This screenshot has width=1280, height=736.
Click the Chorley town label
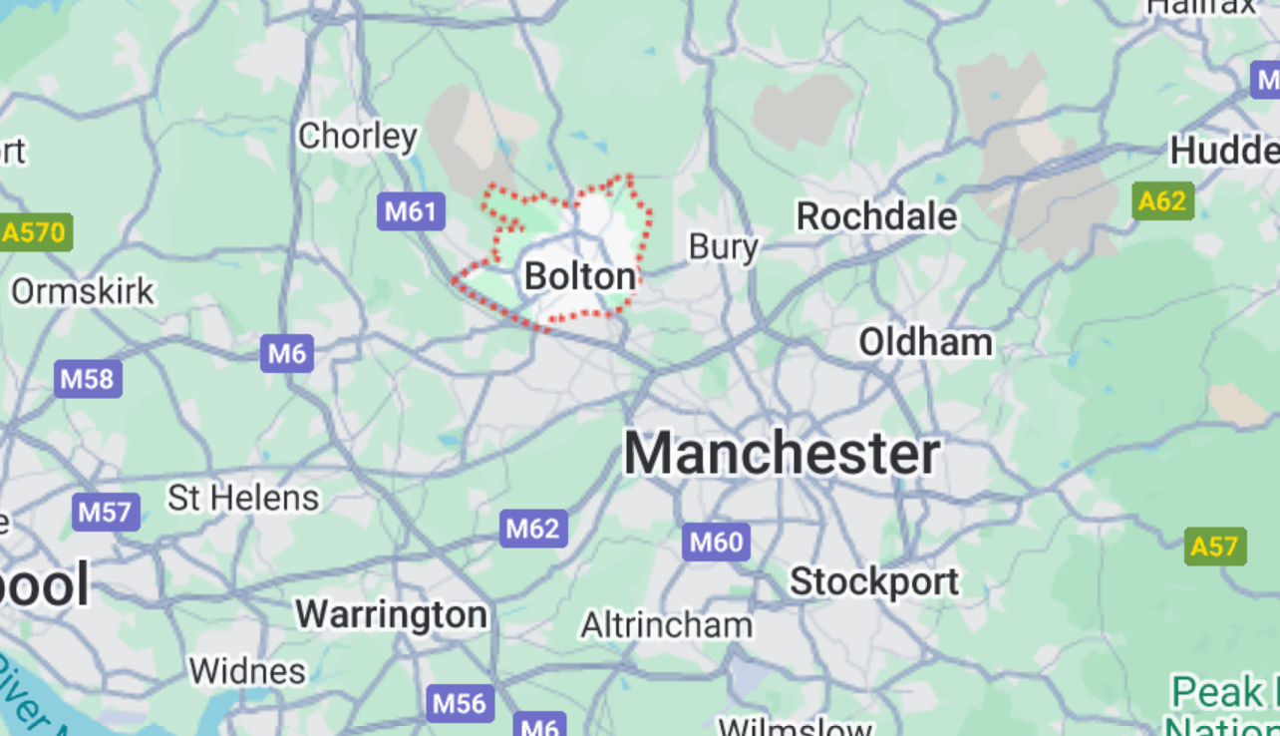pos(358,136)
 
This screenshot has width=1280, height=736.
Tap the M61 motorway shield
pos(411,211)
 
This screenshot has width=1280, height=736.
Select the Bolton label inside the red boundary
pos(580,276)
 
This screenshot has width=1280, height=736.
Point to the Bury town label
pos(724,246)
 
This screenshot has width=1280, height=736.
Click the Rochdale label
pos(876,215)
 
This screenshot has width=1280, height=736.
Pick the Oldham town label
pos(926,342)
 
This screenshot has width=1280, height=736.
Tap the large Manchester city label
pos(782,454)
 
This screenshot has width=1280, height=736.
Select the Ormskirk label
pos(83,292)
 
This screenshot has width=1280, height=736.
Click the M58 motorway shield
pos(88,379)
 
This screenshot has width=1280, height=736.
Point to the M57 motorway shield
pos(105,513)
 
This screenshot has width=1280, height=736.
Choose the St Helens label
pos(243,497)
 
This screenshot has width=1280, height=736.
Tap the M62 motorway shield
pos(533,528)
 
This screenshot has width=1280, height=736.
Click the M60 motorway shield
pos(716,543)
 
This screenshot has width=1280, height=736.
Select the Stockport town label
pos(874,580)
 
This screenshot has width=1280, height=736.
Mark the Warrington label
pos(392,614)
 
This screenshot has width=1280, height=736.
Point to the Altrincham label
pos(667,625)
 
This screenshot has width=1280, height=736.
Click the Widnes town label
pos(247,671)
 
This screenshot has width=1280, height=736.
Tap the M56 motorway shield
pos(460,703)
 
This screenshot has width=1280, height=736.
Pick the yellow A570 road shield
pos(34,233)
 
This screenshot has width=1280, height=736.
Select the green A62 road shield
pos(1162,201)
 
